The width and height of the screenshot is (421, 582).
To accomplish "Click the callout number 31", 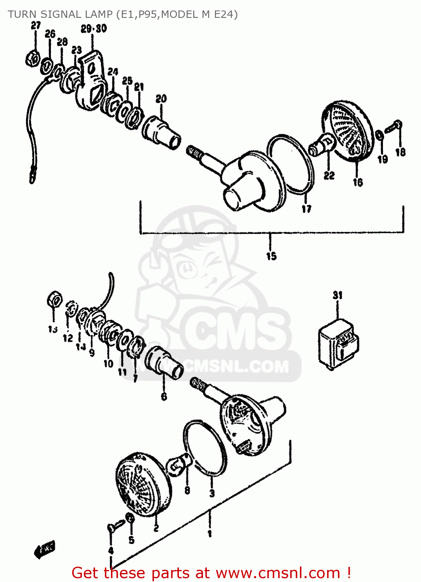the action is tap(338, 295).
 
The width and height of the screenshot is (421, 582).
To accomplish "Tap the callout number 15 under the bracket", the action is tap(271, 256).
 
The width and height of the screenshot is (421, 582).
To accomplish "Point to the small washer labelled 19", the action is tap(379, 135).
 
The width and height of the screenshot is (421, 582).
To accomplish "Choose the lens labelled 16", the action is tap(347, 130).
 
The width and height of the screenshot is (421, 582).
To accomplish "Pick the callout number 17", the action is tap(307, 209).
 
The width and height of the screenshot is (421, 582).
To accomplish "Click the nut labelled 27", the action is tap(33, 59).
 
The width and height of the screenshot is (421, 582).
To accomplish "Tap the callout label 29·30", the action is tap(94, 29).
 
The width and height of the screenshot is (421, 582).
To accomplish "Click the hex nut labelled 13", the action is tap(55, 300).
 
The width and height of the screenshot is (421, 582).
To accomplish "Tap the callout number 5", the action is tap(132, 540).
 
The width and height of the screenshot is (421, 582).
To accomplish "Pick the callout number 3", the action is tap(212, 493).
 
